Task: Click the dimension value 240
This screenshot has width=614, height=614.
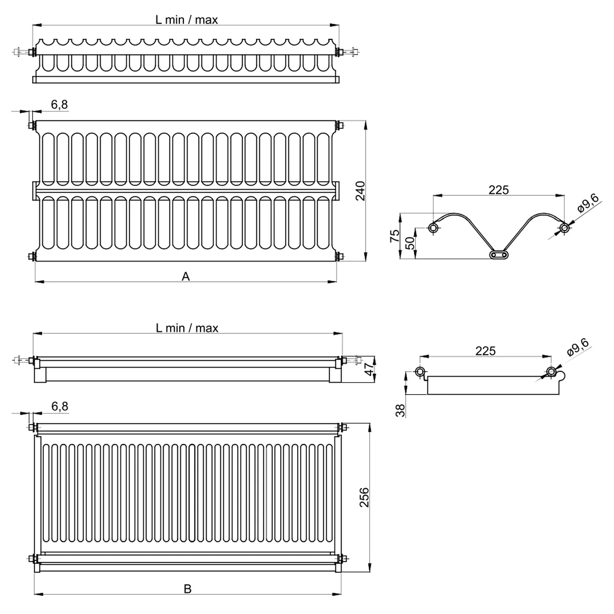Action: (360, 191)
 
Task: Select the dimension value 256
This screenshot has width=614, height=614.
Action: (364, 497)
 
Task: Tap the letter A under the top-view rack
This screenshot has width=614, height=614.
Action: (186, 277)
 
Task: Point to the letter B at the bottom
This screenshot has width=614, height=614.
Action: (187, 589)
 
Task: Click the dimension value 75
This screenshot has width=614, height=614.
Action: (395, 235)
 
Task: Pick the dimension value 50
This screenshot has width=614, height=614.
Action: (410, 243)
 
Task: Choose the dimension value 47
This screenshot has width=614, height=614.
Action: (369, 369)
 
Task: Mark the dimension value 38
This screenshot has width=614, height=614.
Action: (400, 410)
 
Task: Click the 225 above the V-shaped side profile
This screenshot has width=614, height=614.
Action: (499, 190)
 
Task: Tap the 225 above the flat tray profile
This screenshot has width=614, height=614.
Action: (485, 351)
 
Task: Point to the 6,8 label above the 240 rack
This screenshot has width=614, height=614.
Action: (59, 105)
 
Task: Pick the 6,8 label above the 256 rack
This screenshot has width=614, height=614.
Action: (60, 406)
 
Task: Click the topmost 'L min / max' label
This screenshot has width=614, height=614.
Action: (186, 20)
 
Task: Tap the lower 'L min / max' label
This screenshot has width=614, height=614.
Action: (187, 328)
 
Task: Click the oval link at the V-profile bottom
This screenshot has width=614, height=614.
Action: (499, 255)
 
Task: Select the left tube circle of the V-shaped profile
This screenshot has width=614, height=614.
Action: (433, 228)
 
